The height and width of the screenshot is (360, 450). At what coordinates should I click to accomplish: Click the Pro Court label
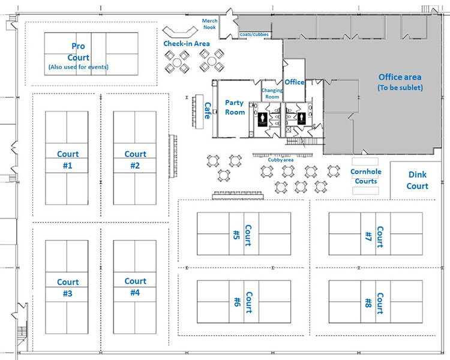79,51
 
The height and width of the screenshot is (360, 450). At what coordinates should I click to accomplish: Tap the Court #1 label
67,160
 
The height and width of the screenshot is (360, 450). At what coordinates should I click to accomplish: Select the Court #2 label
135,160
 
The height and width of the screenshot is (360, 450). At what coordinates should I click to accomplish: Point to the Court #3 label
68,287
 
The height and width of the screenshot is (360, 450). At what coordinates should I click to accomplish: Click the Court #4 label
135,286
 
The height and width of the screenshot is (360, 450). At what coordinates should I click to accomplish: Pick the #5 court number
236,233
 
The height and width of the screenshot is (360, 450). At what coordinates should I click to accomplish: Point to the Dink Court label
418,180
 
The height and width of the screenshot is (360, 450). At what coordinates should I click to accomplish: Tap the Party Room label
235,107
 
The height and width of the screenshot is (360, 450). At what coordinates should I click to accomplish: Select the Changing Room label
272,93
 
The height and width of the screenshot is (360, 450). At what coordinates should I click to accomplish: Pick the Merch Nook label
209,23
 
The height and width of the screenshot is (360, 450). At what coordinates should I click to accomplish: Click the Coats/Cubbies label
254,35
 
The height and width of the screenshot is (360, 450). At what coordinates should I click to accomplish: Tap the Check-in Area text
187,44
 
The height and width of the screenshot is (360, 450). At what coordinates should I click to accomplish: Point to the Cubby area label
281,160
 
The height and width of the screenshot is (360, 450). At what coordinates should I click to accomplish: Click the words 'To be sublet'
400,88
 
